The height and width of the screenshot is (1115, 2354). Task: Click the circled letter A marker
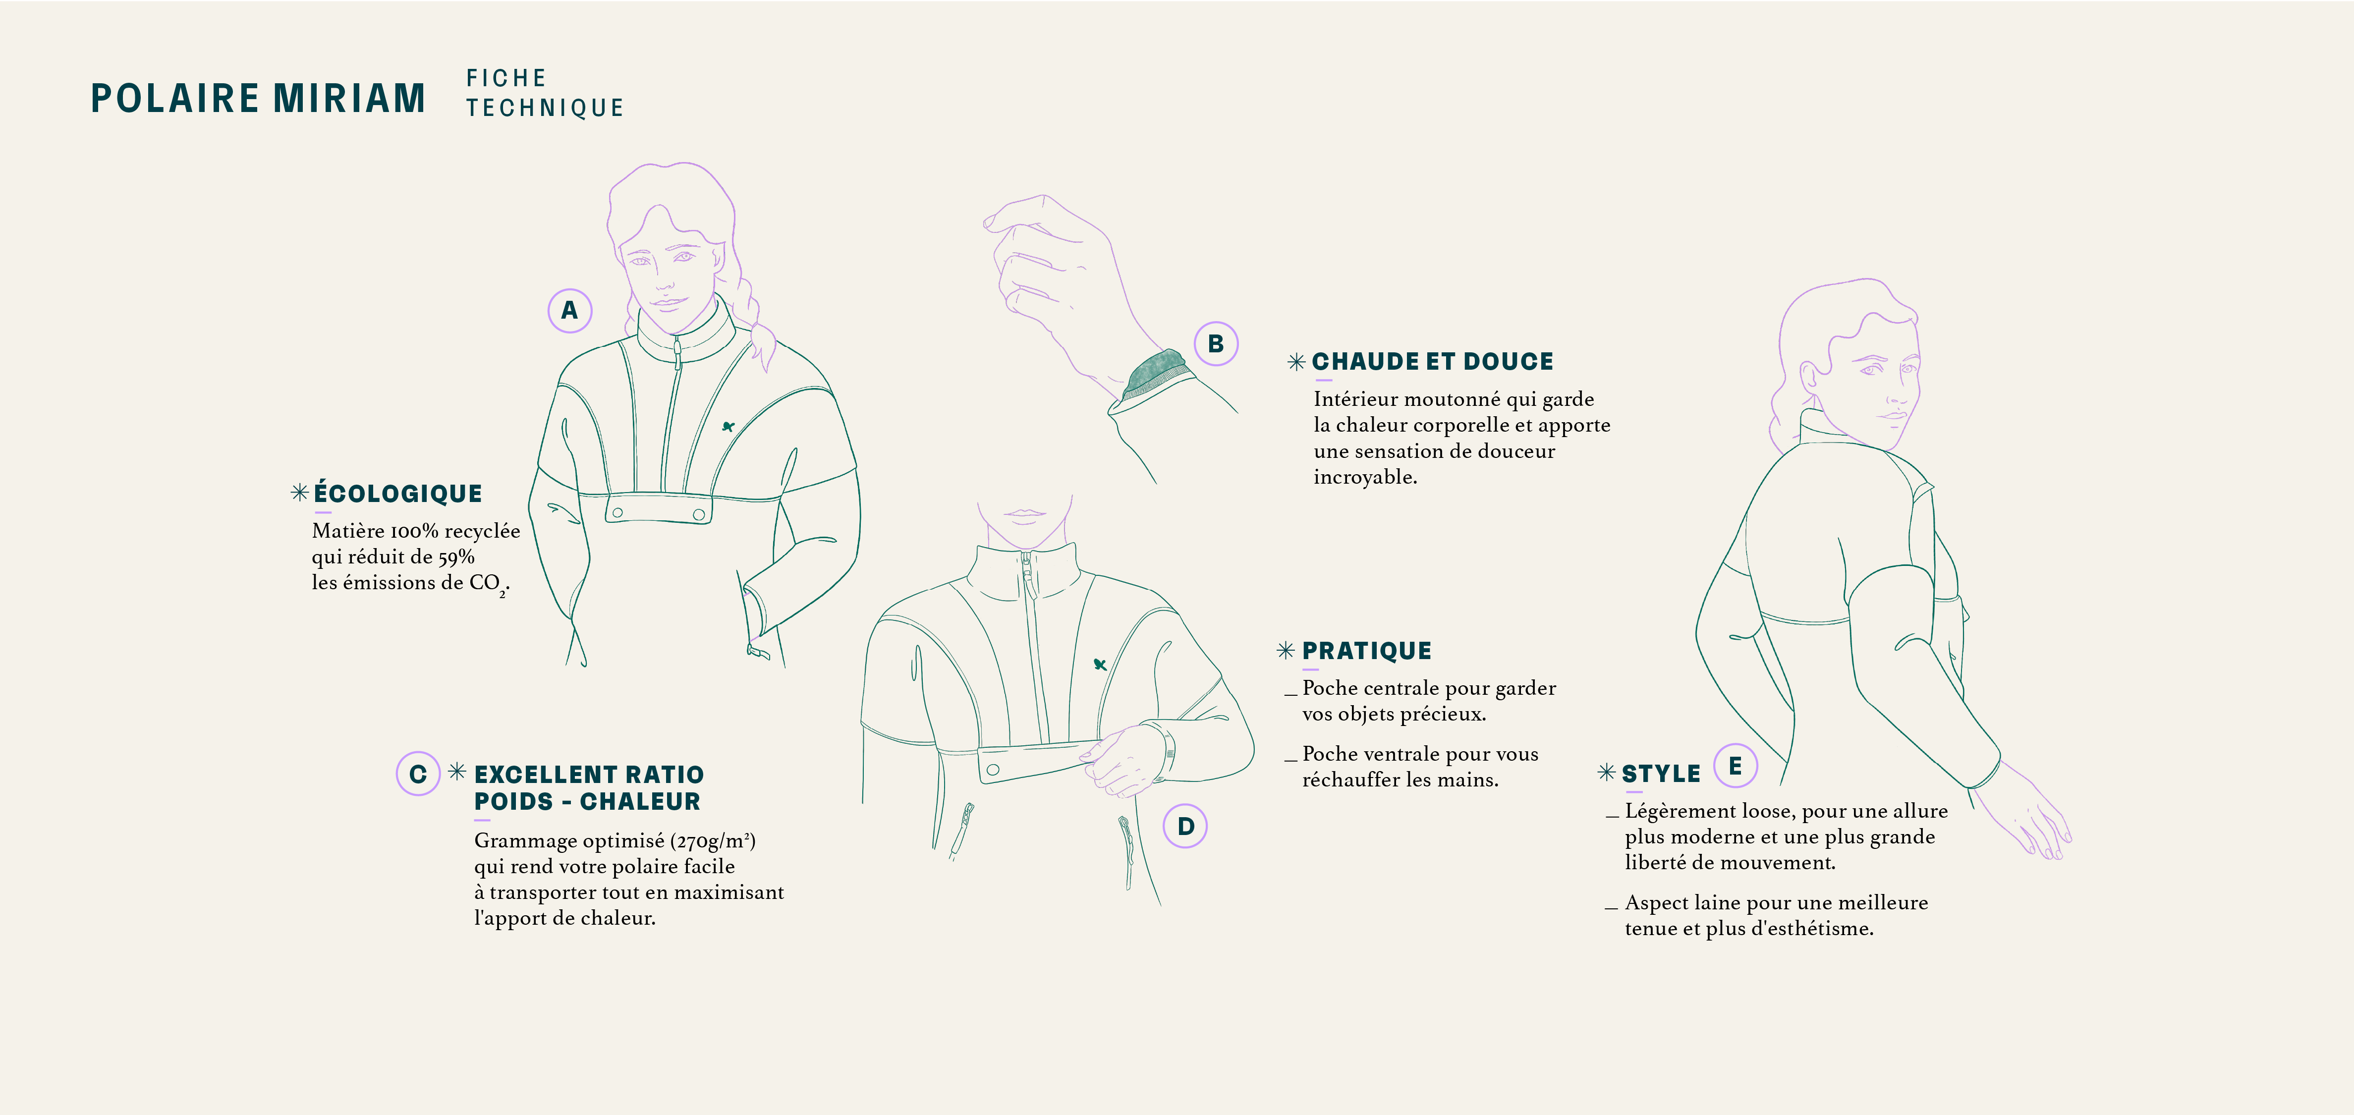pos(569,311)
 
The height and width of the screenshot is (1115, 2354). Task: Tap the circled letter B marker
pos(1215,343)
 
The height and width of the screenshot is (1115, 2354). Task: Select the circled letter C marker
pos(418,774)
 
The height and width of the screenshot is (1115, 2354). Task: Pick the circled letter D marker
pos(1185,826)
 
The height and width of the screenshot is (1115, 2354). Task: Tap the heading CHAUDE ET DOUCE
pos(1432,362)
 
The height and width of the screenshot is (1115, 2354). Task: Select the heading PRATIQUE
pos(1366,651)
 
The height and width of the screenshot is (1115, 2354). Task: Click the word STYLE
pos(1660,774)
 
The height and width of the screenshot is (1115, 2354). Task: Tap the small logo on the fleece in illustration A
pos(729,426)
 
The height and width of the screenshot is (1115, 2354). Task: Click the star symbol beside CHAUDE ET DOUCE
pos(1296,362)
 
